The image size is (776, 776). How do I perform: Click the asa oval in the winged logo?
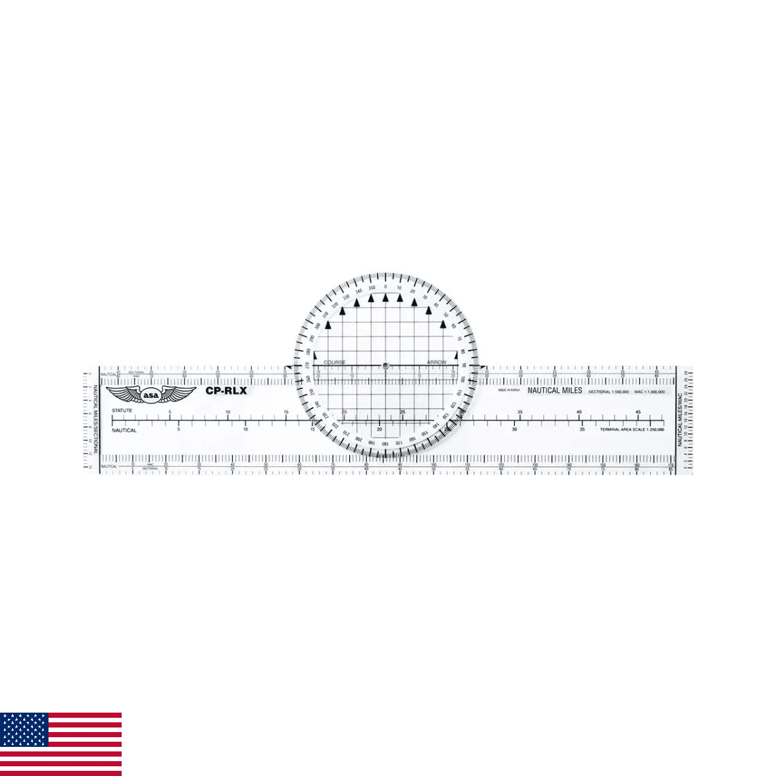pyautogui.click(x=150, y=394)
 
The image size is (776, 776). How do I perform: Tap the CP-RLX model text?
pyautogui.click(x=226, y=391)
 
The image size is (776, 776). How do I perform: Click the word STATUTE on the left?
pyautogui.click(x=122, y=411)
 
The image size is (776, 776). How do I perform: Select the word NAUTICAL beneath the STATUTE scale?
pyautogui.click(x=124, y=430)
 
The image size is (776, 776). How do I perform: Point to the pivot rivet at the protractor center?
pyautogui.click(x=385, y=365)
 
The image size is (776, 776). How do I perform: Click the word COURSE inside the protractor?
pyautogui.click(x=334, y=362)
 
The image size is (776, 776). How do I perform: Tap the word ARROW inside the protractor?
pyautogui.click(x=436, y=362)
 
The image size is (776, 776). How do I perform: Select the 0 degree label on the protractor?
pyautogui.click(x=386, y=286)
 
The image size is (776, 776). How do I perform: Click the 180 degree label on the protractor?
pyautogui.click(x=385, y=443)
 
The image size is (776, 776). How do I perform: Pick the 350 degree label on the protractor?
pyautogui.click(x=372, y=287)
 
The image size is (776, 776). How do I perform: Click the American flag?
pyautogui.click(x=61, y=744)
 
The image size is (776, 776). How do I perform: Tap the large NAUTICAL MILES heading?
pyautogui.click(x=555, y=391)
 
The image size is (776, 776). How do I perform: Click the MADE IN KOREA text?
pyautogui.click(x=509, y=391)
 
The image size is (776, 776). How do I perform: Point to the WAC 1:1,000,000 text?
pyautogui.click(x=649, y=391)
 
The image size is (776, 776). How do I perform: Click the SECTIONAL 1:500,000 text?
pyautogui.click(x=609, y=391)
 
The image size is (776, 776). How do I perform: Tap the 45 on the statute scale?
pyautogui.click(x=638, y=412)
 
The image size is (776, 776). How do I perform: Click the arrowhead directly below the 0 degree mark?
pyautogui.click(x=386, y=297)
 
